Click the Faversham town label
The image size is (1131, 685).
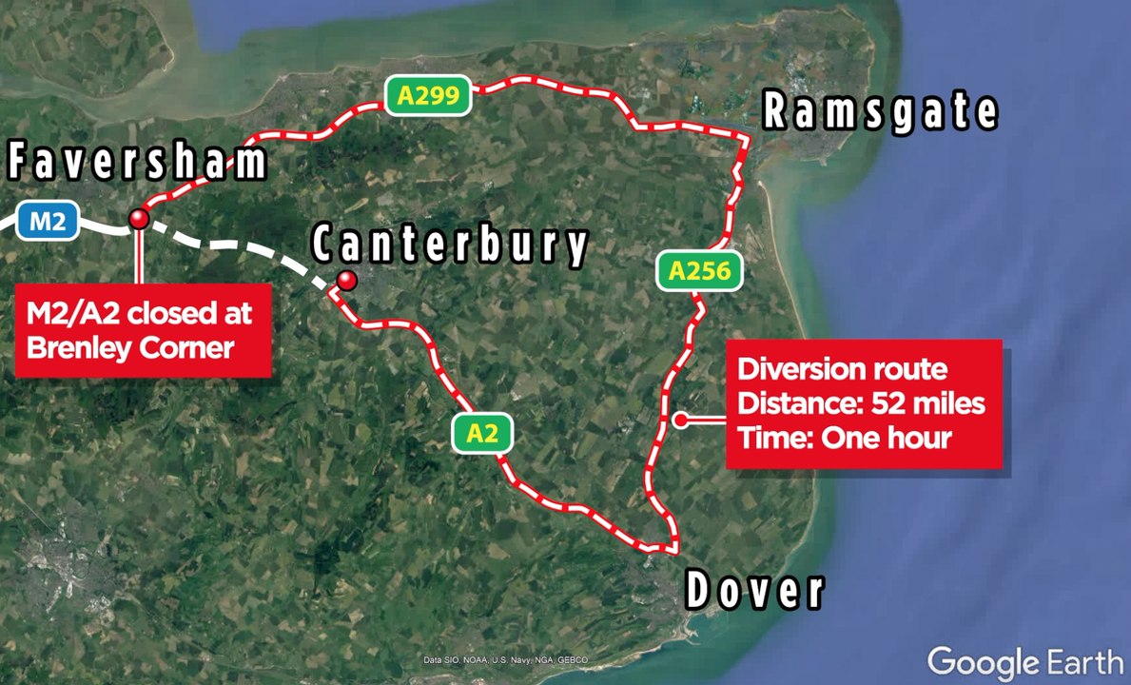[x=138, y=163]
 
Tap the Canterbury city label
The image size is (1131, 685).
[x=451, y=245]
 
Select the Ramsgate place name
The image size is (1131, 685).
[x=881, y=112]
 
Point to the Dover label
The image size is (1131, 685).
[x=754, y=591]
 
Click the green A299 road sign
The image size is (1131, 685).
[x=428, y=95]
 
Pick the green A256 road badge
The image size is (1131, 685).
[x=699, y=272]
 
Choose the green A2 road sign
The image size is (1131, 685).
[x=482, y=434]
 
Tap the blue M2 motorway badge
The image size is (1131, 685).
[x=48, y=223]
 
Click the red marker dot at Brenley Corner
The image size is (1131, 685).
[x=140, y=219]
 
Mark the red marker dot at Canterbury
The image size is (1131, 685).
[x=347, y=280]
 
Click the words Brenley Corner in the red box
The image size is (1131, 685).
[x=130, y=347]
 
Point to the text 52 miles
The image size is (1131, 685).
[x=928, y=403]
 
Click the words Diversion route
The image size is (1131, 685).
[x=843, y=369]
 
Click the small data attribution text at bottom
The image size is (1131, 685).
[x=505, y=660]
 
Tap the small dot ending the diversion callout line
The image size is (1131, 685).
[x=680, y=420]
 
